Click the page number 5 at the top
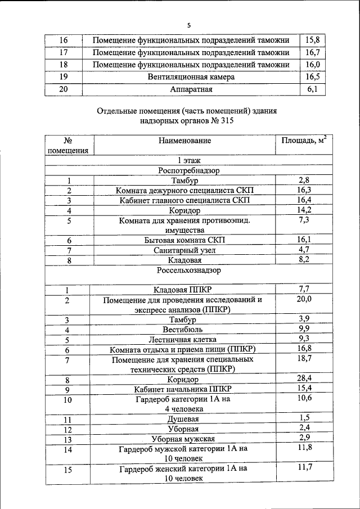click(x=189, y=25)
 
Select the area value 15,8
click(x=312, y=40)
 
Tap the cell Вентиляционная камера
click(x=191, y=76)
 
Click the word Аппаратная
click(x=191, y=89)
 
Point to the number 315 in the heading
click(x=223, y=121)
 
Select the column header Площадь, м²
click(x=304, y=140)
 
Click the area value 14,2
click(x=304, y=210)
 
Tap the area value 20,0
click(x=304, y=299)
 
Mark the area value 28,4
click(x=304, y=379)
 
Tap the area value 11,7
click(x=304, y=467)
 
